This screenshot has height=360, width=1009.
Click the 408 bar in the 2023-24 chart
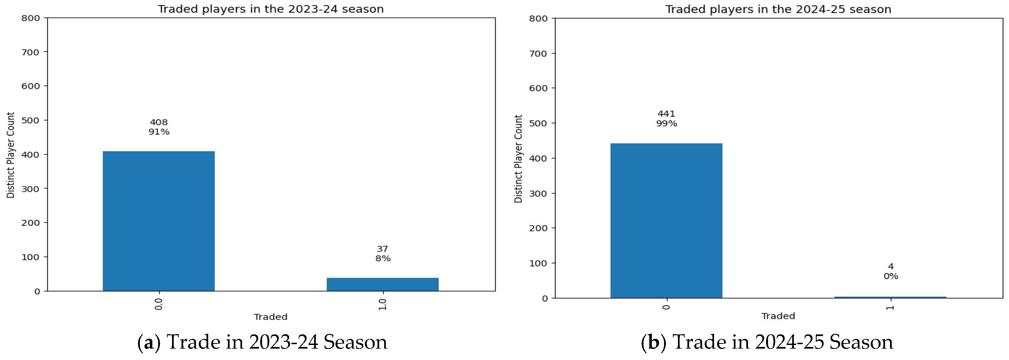tap(159, 221)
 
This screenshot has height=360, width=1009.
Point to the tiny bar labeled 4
tap(890, 297)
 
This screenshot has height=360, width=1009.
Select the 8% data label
tap(383, 259)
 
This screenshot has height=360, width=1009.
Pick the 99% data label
tap(666, 124)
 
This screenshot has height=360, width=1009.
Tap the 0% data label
tap(891, 276)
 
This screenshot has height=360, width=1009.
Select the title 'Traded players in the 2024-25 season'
tap(778, 9)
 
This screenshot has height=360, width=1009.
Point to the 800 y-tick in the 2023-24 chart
tap(30, 18)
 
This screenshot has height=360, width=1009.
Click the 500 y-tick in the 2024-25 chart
tap(538, 123)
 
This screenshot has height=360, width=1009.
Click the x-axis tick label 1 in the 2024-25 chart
tap(890, 307)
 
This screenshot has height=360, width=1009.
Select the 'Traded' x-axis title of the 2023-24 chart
tap(270, 317)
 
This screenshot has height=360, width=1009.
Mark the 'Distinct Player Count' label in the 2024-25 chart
tap(518, 159)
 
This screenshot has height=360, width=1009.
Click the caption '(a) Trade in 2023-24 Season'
tap(262, 342)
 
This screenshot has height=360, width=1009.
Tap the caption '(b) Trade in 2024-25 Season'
tap(767, 342)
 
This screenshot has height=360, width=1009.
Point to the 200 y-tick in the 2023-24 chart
tap(30, 223)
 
